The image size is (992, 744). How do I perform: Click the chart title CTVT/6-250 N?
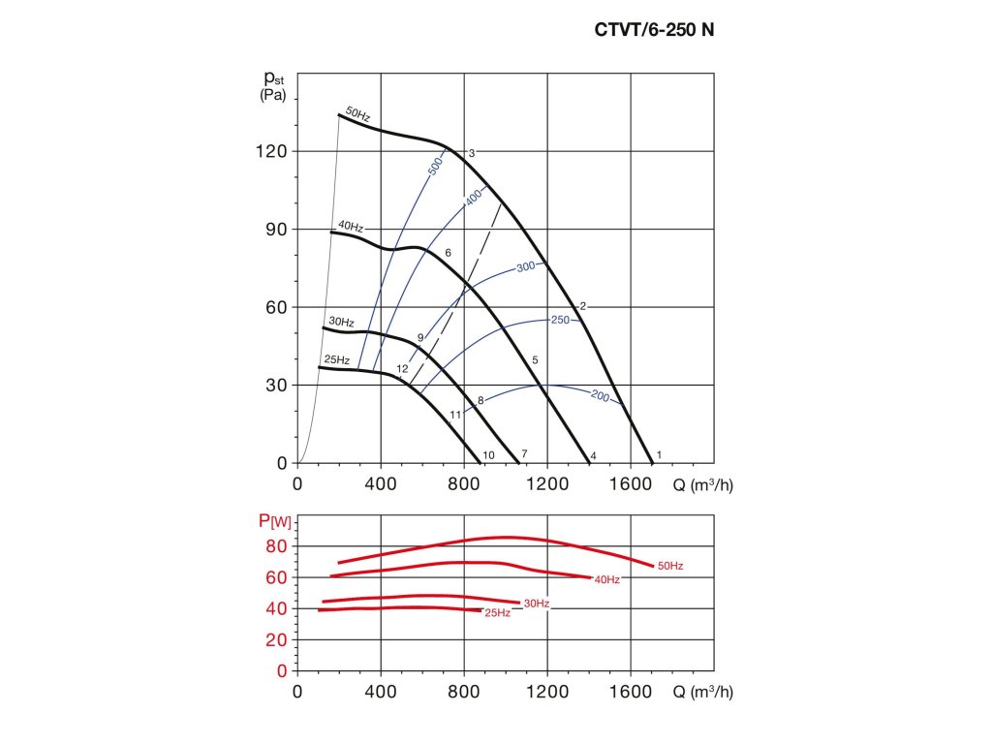pos(654,29)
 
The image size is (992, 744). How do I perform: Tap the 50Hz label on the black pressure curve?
pos(358,114)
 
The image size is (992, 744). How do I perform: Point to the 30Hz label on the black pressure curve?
pos(341,322)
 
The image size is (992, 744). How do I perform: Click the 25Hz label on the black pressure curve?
pos(336,360)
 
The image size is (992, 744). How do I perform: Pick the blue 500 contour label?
pos(435,166)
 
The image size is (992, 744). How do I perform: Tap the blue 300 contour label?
pos(525,266)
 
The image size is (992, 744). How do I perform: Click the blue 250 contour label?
pos(560,320)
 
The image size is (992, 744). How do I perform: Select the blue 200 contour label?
pos(600,395)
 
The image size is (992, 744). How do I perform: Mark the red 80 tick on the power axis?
pos(277,546)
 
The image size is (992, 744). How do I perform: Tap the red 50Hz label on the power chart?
pos(670,565)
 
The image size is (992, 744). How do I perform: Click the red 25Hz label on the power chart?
pos(498,613)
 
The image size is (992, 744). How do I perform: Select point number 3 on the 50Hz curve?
pos(471,153)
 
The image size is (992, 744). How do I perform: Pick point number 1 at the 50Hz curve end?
pos(660,454)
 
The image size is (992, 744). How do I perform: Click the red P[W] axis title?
pos(274,522)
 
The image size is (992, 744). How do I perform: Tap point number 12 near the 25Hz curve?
pos(402,369)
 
